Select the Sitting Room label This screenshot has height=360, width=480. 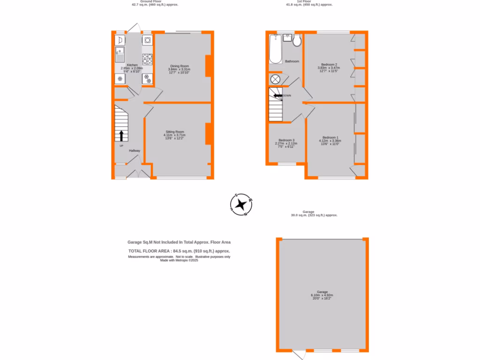point(175,132)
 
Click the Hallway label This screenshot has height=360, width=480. point(135,150)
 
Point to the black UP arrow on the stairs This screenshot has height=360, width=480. point(121,136)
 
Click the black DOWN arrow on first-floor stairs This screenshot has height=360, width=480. point(278,96)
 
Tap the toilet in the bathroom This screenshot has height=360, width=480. point(296,42)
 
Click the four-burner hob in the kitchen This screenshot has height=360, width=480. point(148,59)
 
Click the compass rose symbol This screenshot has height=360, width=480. point(242,204)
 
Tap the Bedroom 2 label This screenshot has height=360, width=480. point(329,64)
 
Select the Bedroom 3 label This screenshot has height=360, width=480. point(286,140)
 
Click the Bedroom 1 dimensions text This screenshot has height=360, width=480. point(330,142)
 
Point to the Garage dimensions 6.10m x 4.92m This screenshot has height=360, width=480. point(322,296)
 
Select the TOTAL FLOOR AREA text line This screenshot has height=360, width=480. point(179,251)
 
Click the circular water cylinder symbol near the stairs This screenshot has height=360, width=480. point(275,79)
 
